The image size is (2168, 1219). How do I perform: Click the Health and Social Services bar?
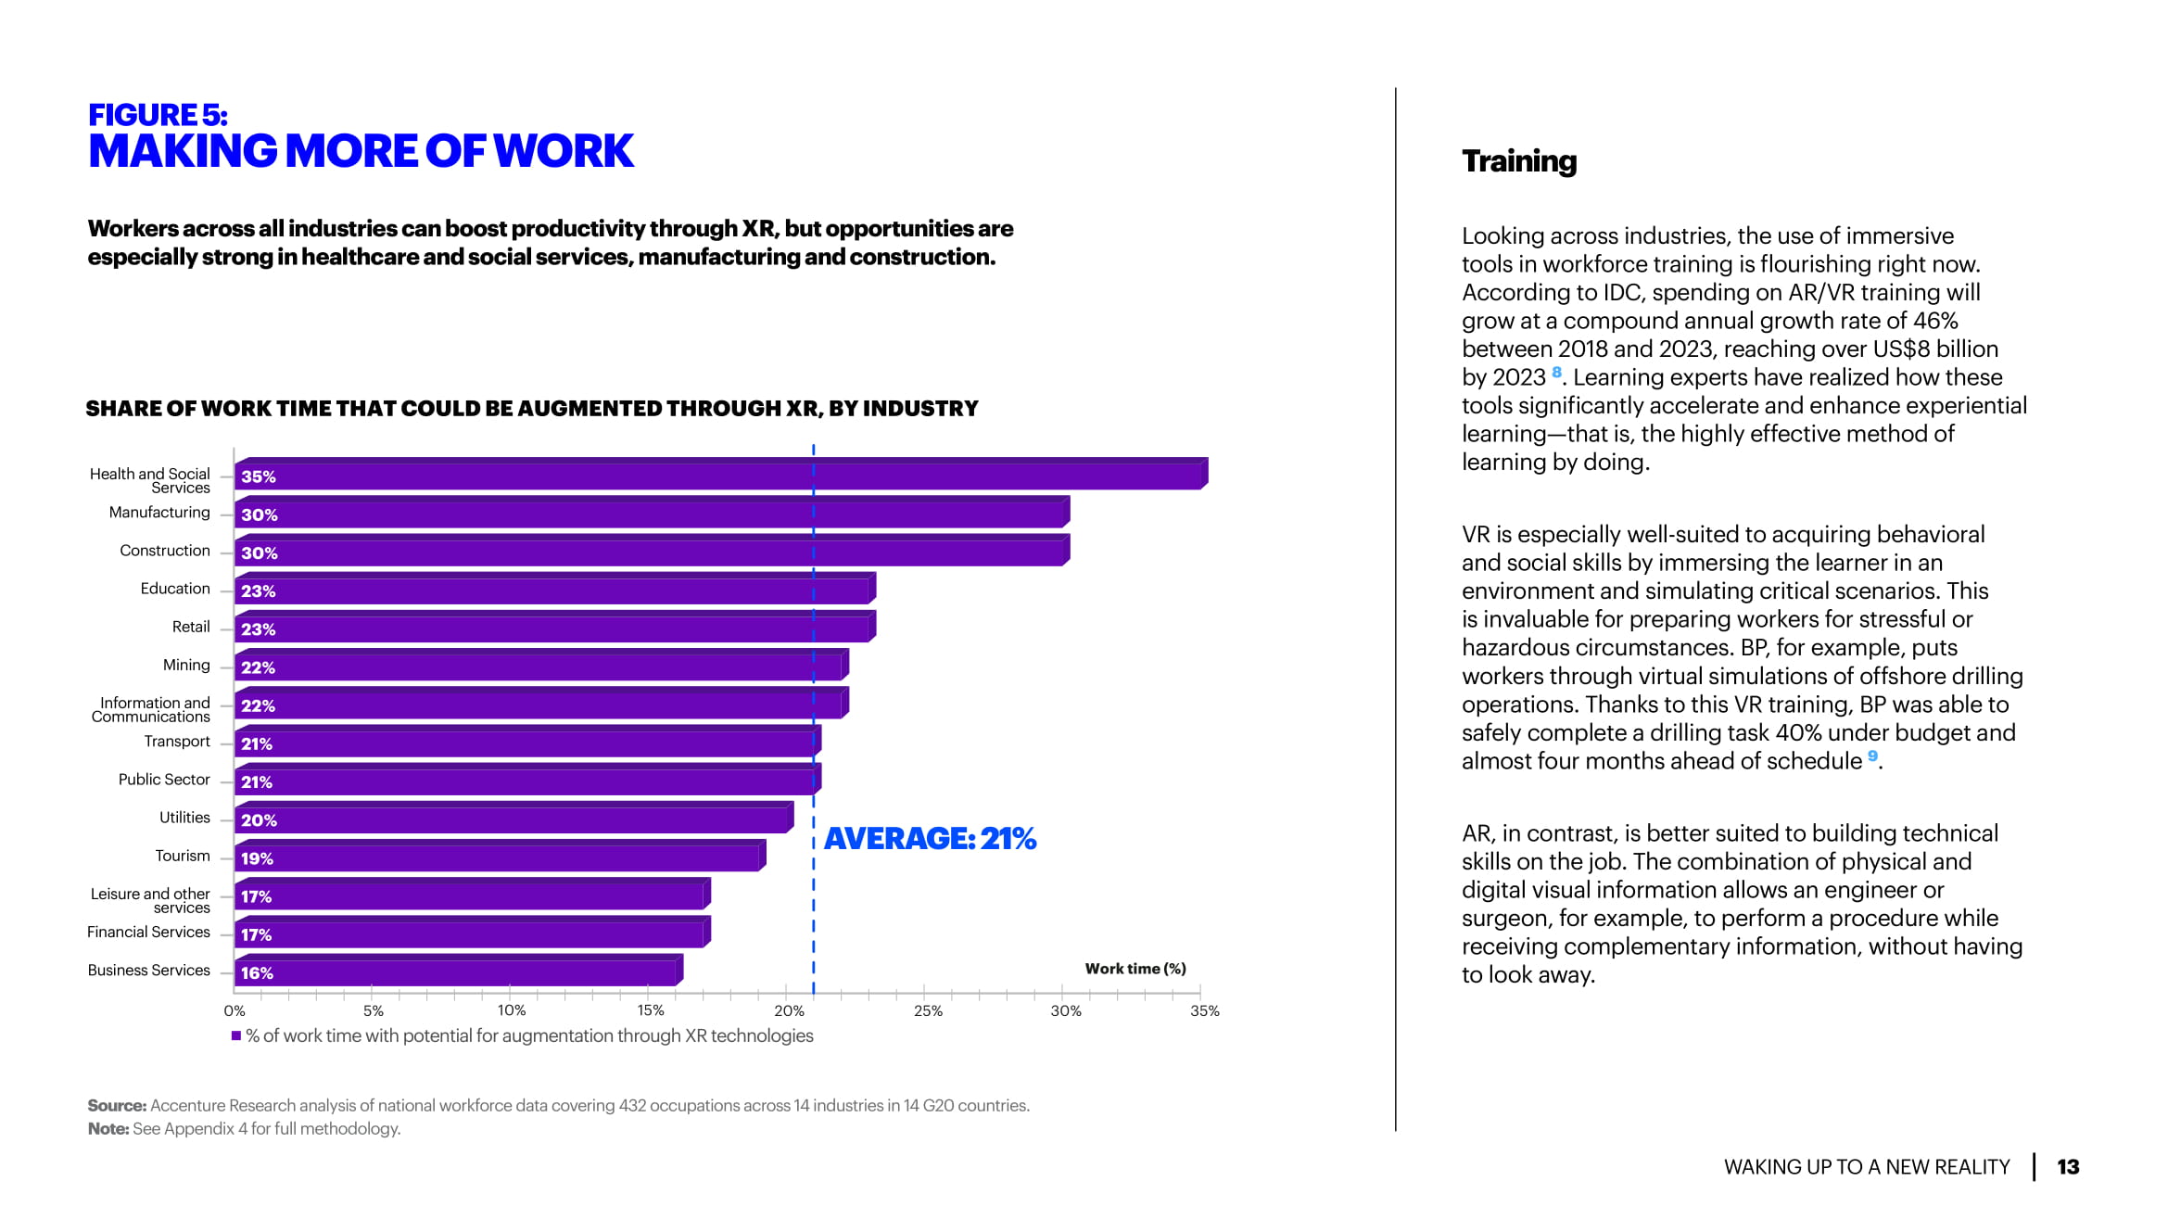[719, 476]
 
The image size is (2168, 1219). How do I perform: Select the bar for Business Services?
[458, 972]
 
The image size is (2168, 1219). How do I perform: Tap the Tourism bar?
[499, 857]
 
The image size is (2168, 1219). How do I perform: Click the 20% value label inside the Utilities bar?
[259, 820]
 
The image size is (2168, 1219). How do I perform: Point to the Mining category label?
[186, 666]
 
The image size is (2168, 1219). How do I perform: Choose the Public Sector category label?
[164, 780]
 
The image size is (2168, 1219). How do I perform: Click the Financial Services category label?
[148, 933]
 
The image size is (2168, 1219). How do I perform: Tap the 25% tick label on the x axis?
[928, 1011]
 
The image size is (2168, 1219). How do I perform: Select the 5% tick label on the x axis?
[374, 1011]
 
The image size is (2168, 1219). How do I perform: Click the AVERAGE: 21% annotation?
[930, 839]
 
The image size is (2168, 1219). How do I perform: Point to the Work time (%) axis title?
[1135, 969]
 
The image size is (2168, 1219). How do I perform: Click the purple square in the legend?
[236, 1035]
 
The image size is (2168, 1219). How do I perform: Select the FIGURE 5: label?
[158, 115]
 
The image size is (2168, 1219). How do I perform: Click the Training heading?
[1518, 161]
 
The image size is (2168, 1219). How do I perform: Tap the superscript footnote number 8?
[1557, 372]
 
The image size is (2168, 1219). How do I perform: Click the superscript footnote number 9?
[1872, 756]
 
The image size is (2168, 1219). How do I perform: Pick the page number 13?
[2068, 1167]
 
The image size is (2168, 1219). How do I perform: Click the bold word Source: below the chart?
[117, 1106]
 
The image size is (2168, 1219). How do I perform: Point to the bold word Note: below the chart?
[108, 1129]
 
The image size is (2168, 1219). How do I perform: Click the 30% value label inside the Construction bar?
[260, 553]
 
